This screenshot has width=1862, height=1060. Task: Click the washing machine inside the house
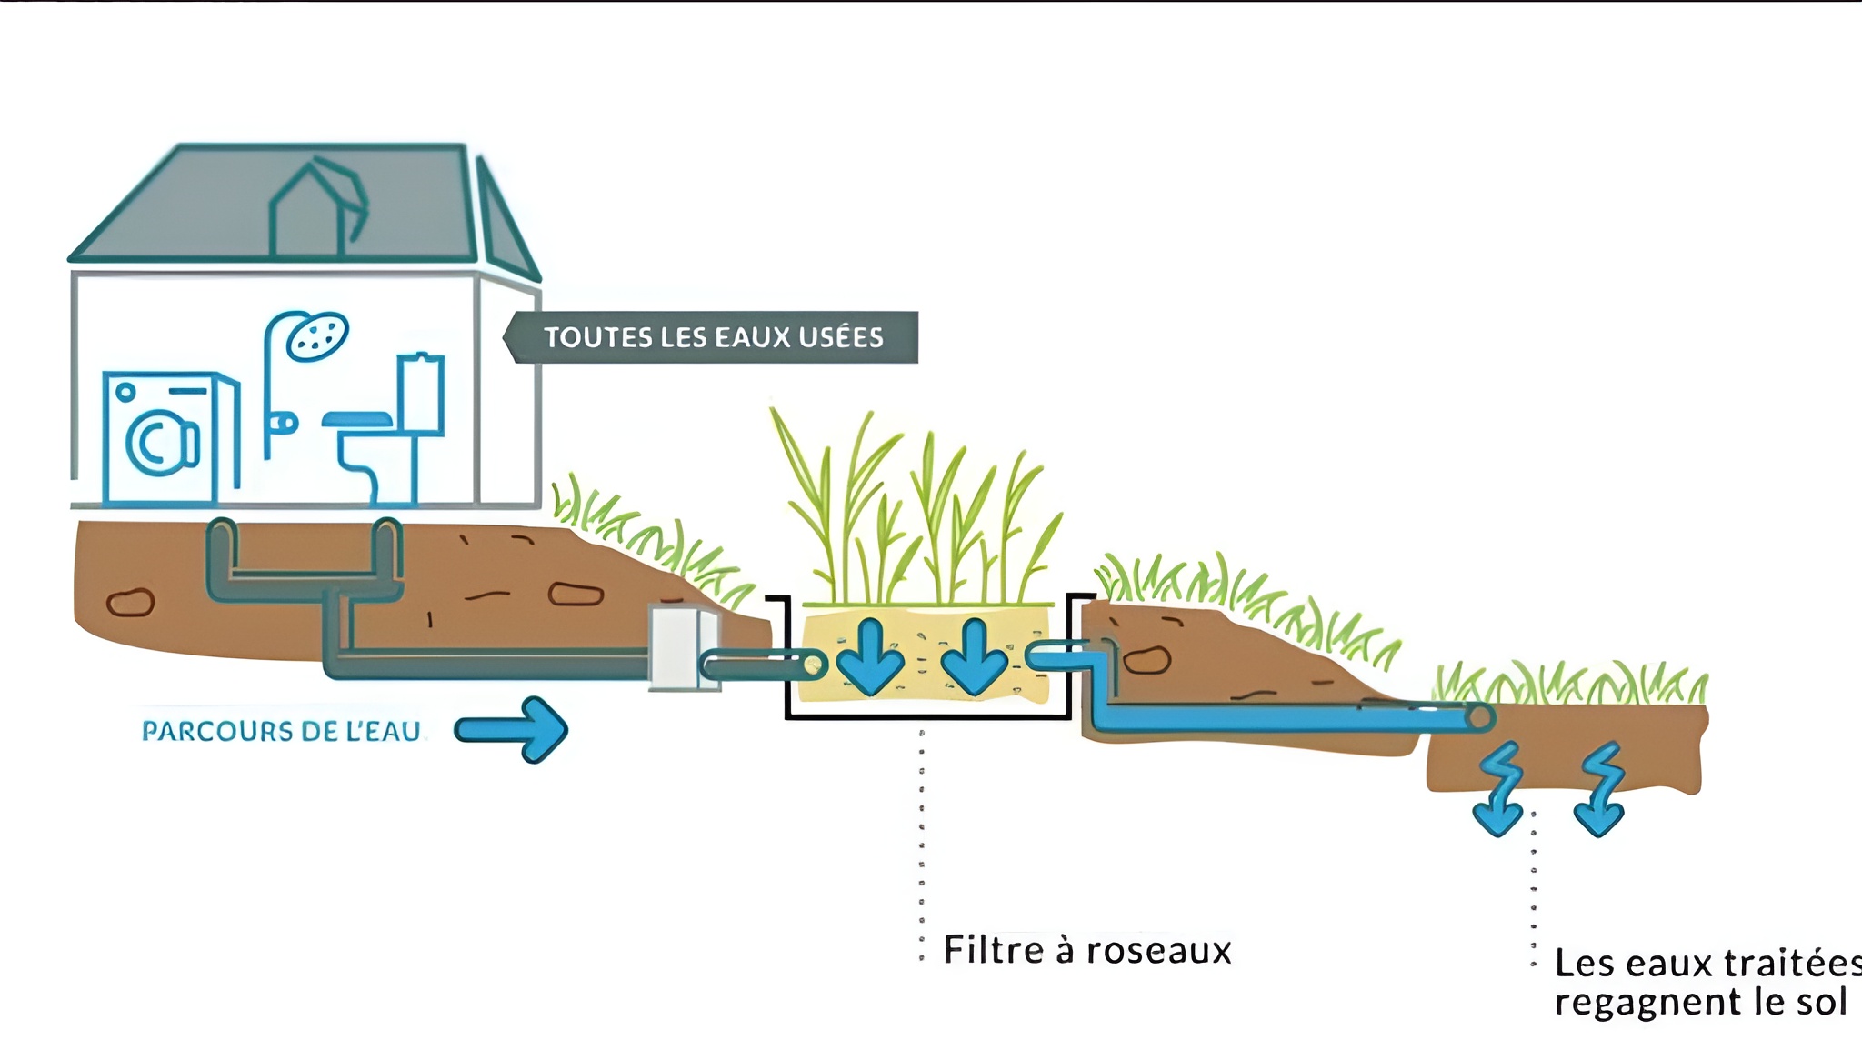pyautogui.click(x=169, y=436)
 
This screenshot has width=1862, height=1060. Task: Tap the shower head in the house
pyautogui.click(x=316, y=335)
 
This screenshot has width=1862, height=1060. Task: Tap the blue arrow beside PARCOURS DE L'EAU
pyautogui.click(x=514, y=729)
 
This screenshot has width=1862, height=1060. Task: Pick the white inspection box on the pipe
pyautogui.click(x=682, y=648)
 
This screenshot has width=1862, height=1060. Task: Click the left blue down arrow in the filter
pyautogui.click(x=870, y=656)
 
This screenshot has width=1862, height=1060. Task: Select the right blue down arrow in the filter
pyautogui.click(x=974, y=656)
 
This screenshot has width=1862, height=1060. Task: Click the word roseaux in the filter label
pyautogui.click(x=1158, y=951)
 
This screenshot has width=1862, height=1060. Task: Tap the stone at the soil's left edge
pyautogui.click(x=131, y=602)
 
